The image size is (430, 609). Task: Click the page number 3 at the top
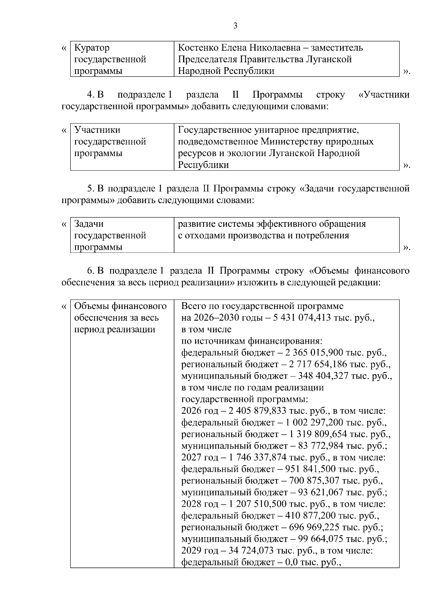pyautogui.click(x=235, y=25)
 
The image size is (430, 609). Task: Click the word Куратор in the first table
pyautogui.click(x=92, y=48)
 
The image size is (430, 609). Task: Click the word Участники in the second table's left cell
pyautogui.click(x=97, y=130)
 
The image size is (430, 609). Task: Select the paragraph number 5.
pyautogui.click(x=90, y=188)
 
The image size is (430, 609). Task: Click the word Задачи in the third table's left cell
pyautogui.click(x=89, y=224)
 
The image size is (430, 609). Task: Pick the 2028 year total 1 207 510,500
pyautogui.click(x=258, y=504)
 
